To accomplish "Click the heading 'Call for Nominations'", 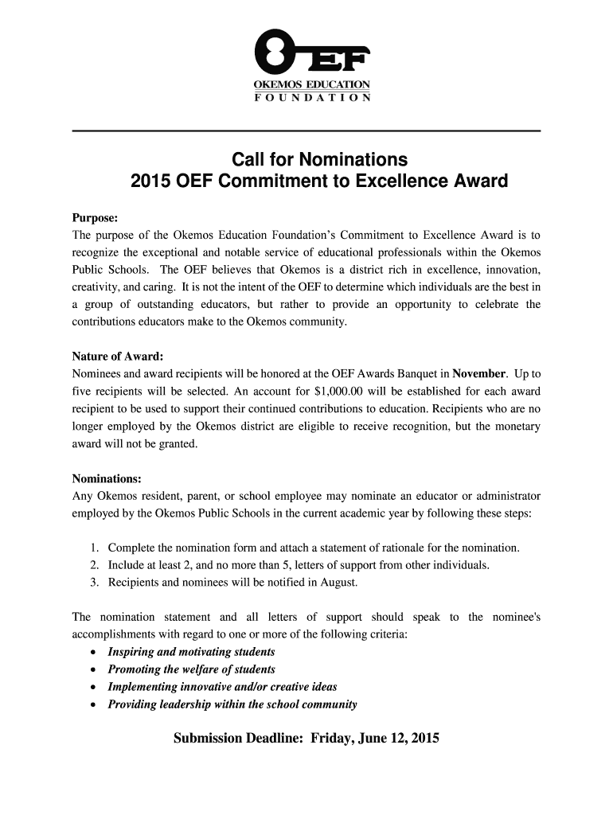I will pos(319,158).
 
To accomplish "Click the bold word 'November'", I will pos(478,373).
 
